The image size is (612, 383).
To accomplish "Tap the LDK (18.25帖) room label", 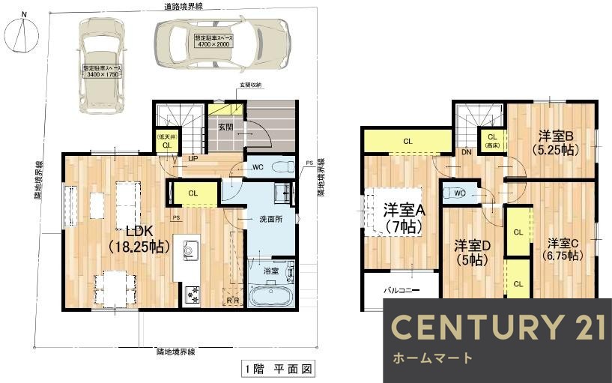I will (137, 238).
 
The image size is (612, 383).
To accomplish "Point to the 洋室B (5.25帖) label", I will (554, 142).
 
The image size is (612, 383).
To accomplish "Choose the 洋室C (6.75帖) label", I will (561, 249).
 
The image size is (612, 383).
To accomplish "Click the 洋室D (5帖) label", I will (472, 252).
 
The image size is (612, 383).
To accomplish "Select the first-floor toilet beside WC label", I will (283, 167).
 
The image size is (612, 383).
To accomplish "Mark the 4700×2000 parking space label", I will (213, 41).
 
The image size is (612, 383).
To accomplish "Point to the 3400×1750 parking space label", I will (102, 71).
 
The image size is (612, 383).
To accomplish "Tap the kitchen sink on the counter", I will (188, 249).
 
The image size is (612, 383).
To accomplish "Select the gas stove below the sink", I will (190, 293).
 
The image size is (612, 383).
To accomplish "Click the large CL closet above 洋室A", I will (408, 141).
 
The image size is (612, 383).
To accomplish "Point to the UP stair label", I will (193, 159).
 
